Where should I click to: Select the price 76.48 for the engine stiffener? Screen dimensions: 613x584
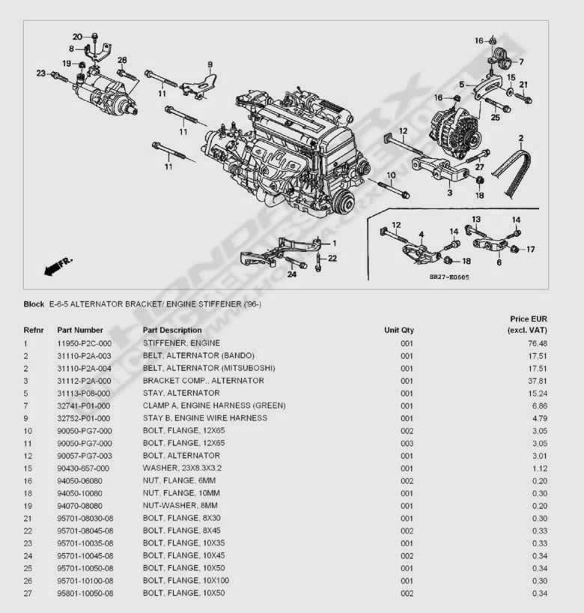[x=537, y=343]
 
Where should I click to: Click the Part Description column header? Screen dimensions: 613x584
[x=172, y=330]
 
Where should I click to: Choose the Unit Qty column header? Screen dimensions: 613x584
[x=398, y=330]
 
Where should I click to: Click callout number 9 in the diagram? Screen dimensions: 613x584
[x=210, y=64]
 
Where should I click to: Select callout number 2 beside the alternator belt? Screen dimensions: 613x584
[x=520, y=138]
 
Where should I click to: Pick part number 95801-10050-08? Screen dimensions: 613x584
[x=85, y=594]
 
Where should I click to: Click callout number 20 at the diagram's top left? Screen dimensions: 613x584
[x=77, y=37]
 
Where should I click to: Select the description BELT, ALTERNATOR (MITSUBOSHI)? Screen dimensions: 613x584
[x=209, y=368]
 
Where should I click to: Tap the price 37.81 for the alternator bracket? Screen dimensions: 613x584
[x=537, y=381]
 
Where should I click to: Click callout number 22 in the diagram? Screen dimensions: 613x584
[x=332, y=259]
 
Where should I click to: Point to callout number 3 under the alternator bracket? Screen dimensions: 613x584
[x=449, y=193]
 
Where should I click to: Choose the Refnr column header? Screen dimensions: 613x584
[x=34, y=330]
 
